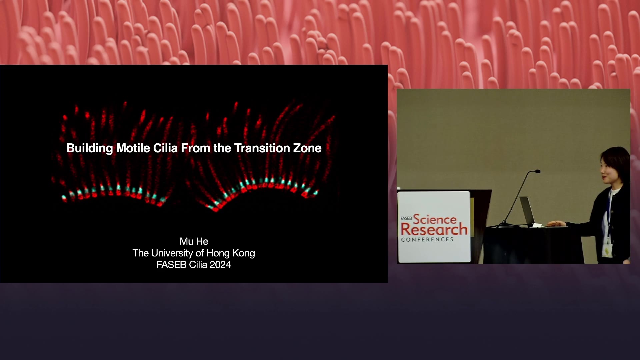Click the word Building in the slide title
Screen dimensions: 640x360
(90, 148)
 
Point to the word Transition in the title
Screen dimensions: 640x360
(262, 148)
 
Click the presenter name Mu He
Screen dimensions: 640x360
(194, 241)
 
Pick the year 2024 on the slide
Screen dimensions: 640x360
(220, 265)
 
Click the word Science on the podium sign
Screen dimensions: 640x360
(435, 219)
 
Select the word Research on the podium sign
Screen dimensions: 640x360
(434, 229)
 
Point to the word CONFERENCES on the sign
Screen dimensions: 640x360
(427, 239)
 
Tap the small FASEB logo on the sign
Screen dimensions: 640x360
(406, 218)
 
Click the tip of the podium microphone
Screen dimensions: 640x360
(537, 171)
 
